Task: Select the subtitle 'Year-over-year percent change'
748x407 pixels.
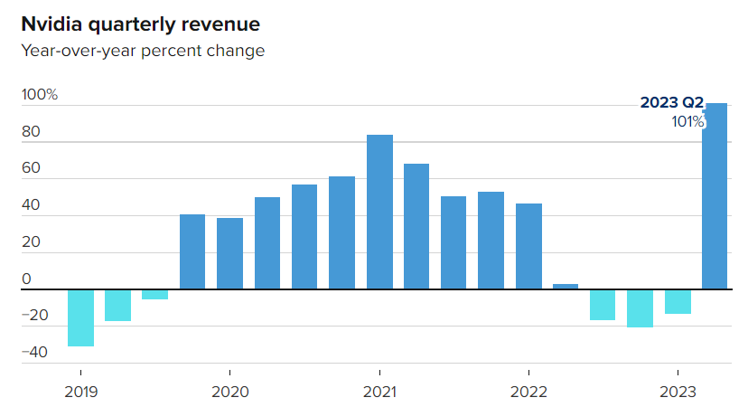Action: pos(143,51)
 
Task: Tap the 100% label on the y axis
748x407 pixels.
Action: pos(40,95)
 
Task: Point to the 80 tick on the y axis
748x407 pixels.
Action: pos(32,132)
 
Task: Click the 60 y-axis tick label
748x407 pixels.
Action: pos(32,169)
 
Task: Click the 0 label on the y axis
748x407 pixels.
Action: pos(26,279)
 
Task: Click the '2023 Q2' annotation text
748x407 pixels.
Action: pos(671,103)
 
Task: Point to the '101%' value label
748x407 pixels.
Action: pos(687,122)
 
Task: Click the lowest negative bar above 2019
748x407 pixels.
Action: pos(81,318)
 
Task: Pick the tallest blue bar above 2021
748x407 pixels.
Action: pos(379,213)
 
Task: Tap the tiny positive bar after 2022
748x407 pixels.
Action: pos(566,287)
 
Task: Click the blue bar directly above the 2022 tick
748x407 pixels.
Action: pos(528,247)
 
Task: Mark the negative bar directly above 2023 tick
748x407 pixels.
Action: pos(678,302)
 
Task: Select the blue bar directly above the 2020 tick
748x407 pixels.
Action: pos(229,254)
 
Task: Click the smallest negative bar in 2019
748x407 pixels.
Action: pos(155,295)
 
